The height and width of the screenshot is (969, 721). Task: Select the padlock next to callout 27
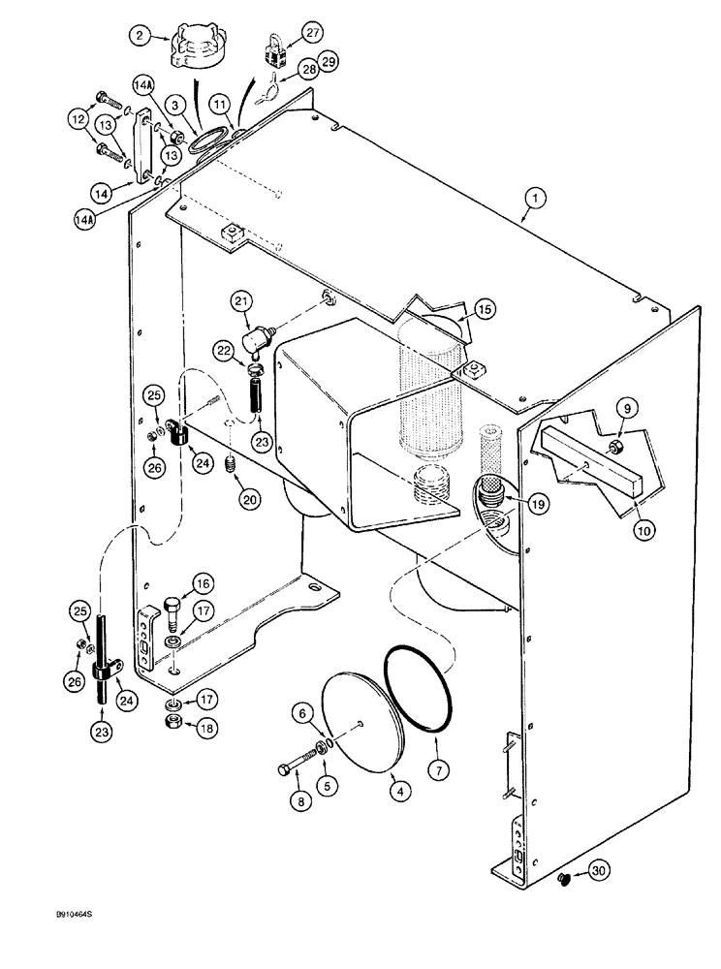(275, 48)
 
